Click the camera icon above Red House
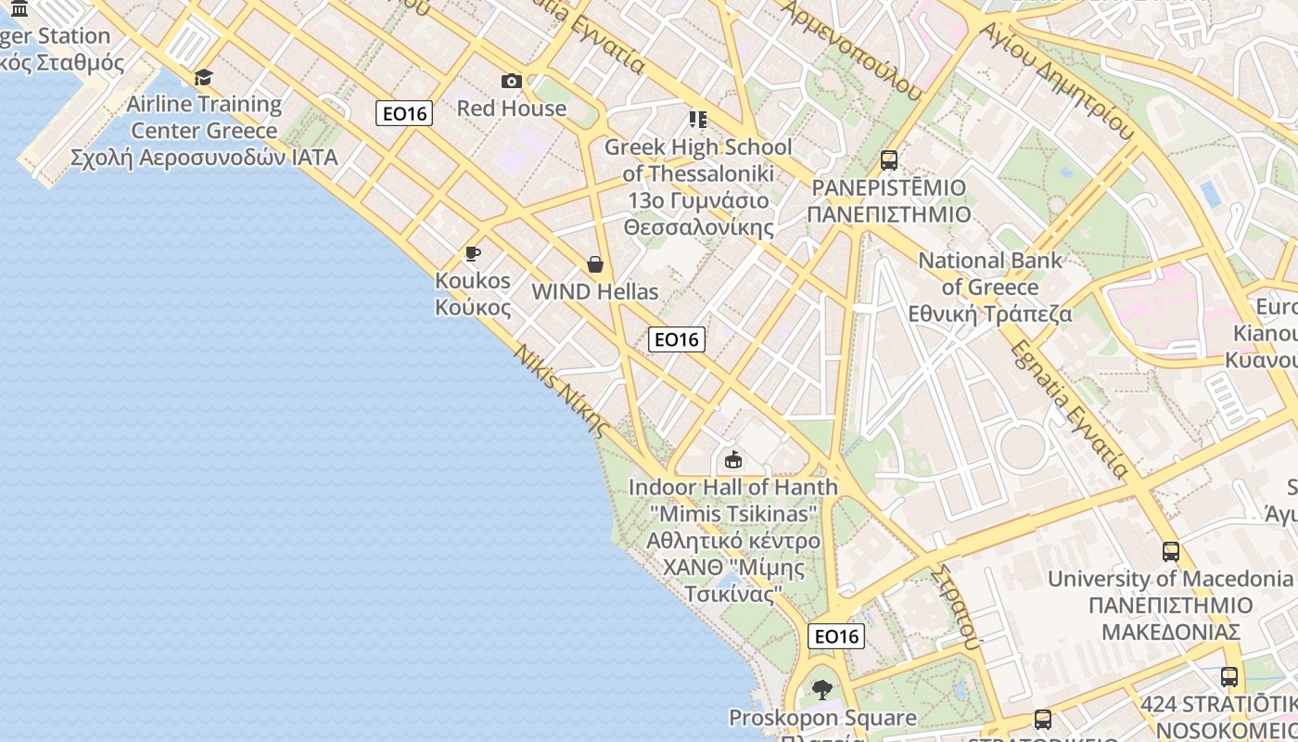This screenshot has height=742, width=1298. [x=511, y=82]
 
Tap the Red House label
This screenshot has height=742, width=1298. [x=511, y=109]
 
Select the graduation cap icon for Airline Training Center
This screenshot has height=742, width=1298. [x=203, y=77]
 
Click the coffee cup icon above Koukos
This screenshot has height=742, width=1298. [x=473, y=253]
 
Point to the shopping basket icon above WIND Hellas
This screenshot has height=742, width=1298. [x=594, y=265]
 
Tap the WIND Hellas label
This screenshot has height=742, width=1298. [x=594, y=292]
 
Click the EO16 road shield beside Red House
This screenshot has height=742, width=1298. [x=405, y=114]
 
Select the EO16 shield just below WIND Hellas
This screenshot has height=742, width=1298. [x=677, y=339]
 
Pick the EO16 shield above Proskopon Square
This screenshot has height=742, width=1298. [x=837, y=636]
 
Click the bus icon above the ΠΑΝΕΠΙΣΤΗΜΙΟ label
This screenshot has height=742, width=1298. [x=889, y=160]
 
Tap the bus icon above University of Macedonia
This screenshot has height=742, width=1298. [x=1171, y=552]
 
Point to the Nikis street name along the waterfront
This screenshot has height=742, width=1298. [x=560, y=390]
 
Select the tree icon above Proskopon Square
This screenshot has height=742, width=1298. [x=821, y=690]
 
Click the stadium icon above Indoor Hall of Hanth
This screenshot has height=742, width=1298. [x=733, y=459]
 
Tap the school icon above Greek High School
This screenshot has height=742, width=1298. [x=697, y=120]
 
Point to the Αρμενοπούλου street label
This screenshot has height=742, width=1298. [x=852, y=46]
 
